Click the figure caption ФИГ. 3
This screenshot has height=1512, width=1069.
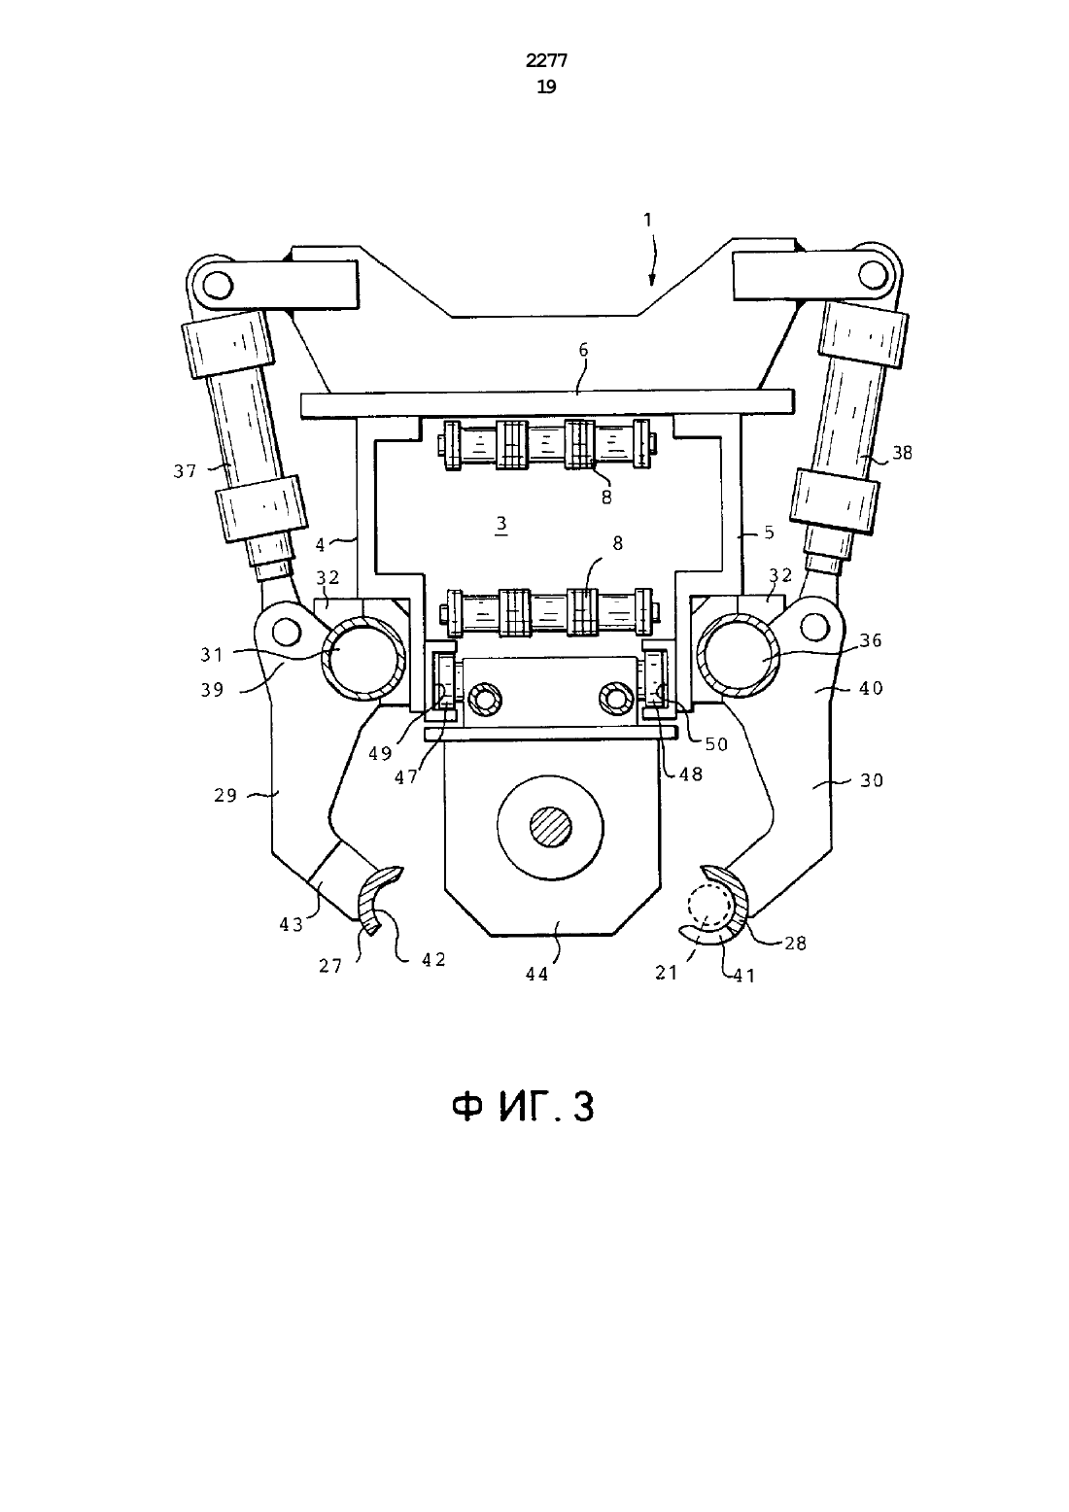[523, 1109]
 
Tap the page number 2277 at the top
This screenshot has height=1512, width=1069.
[546, 61]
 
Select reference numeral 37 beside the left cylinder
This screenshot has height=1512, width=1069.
[185, 471]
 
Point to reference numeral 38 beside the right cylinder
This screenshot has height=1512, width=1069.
[902, 452]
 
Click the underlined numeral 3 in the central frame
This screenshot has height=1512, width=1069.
[500, 525]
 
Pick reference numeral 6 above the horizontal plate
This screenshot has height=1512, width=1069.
[584, 350]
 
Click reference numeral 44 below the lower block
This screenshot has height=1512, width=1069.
[537, 974]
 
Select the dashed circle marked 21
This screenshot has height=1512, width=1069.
[709, 905]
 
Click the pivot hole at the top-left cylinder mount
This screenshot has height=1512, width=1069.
[218, 285]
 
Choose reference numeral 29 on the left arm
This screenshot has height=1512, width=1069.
[225, 795]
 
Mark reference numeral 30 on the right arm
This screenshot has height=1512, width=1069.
[872, 779]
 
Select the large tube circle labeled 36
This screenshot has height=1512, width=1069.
[740, 655]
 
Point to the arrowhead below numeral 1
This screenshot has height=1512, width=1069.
[651, 279]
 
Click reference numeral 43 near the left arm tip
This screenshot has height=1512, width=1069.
[292, 924]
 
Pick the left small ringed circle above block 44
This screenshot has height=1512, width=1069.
[487, 699]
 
